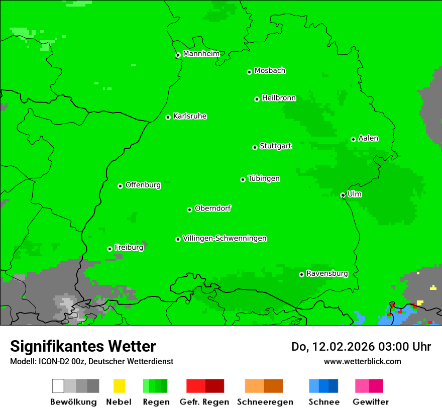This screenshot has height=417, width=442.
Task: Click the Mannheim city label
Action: point(201,54)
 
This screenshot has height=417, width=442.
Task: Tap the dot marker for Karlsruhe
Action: point(168,117)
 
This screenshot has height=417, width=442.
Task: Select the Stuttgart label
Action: point(275,146)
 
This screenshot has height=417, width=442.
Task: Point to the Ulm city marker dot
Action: point(343,195)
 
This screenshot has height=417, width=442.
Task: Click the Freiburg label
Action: point(129,247)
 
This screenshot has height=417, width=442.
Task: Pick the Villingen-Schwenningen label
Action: point(225,238)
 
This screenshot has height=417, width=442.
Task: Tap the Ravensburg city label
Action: point(327,273)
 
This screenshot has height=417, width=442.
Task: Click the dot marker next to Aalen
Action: point(353,139)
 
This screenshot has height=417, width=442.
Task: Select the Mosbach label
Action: point(270,71)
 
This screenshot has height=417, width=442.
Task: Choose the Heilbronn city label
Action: point(279,98)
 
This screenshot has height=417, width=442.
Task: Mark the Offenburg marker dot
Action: point(120,186)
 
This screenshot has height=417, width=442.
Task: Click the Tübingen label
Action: point(264,178)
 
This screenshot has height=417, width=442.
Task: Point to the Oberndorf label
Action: point(212,208)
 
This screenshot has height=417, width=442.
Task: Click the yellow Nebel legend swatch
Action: point(119,386)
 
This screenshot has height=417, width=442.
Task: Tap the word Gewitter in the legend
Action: point(371,402)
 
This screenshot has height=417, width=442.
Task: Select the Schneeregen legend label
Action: point(265,402)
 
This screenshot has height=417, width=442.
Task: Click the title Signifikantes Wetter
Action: point(83,346)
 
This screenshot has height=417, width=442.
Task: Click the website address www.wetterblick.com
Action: point(362,361)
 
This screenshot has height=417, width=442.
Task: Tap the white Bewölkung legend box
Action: point(58,386)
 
